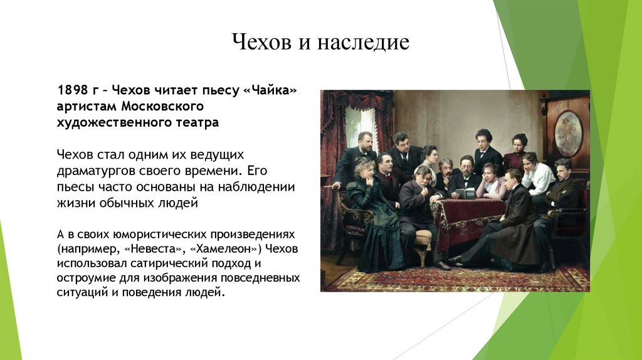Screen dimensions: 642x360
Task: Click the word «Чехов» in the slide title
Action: click(x=261, y=42)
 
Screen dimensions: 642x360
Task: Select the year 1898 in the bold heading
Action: click(x=73, y=90)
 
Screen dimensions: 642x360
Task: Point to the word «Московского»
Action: click(x=162, y=106)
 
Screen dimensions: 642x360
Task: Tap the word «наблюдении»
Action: click(x=256, y=187)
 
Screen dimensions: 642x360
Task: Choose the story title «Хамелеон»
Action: click(x=226, y=249)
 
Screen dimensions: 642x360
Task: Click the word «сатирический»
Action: click(x=173, y=263)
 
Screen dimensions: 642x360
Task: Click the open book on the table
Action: click(x=465, y=193)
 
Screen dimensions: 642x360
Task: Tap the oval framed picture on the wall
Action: click(x=568, y=133)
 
